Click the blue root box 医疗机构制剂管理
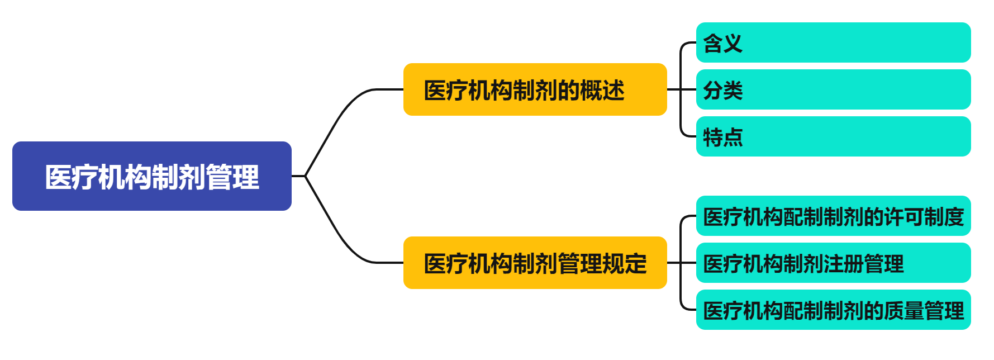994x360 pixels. click(151, 176)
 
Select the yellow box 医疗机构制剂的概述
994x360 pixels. click(535, 89)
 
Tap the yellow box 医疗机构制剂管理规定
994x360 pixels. click(535, 263)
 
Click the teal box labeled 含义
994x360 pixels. click(833, 42)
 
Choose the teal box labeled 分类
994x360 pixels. click(833, 89)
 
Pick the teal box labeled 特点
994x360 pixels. click(833, 136)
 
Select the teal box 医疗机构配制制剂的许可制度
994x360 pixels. click(833, 216)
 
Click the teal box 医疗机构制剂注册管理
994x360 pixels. click(833, 263)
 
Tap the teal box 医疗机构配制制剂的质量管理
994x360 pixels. click(833, 310)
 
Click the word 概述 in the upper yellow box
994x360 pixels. click(602, 91)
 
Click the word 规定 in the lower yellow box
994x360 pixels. click(625, 264)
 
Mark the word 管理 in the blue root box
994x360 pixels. click(232, 177)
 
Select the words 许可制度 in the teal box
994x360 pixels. click(924, 217)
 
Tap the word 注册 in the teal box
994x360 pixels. click(843, 264)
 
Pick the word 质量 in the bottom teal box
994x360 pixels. click(903, 311)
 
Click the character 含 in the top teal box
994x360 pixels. click(713, 44)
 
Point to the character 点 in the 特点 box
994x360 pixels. click(733, 138)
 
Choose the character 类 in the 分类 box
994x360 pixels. click(733, 91)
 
